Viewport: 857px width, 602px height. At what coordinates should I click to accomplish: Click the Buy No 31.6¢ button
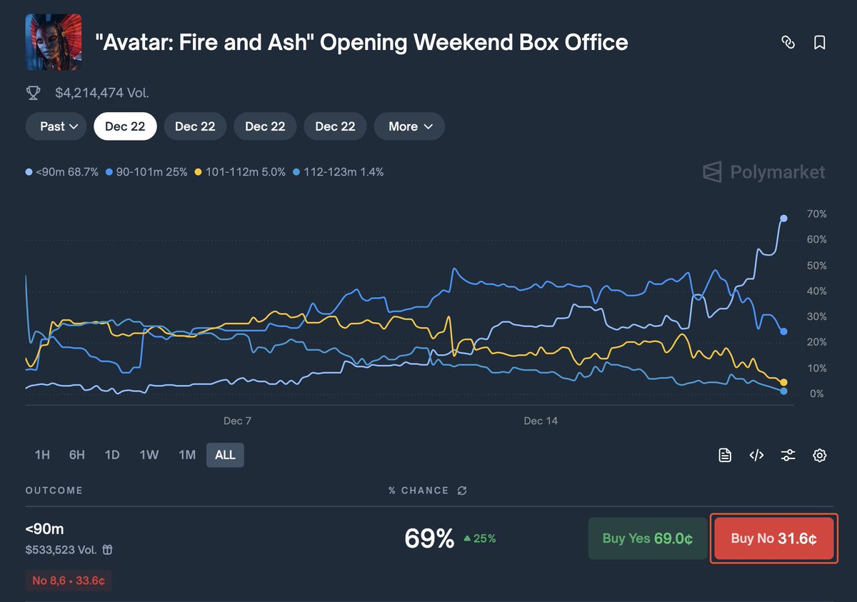pyautogui.click(x=774, y=538)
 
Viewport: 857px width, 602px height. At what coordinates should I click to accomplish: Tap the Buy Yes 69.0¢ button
pyautogui.click(x=647, y=538)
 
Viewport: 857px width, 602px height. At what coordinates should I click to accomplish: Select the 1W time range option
pyautogui.click(x=149, y=455)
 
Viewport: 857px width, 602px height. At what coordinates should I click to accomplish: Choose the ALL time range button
pyautogui.click(x=225, y=455)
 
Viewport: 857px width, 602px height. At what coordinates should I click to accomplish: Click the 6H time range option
pyautogui.click(x=77, y=455)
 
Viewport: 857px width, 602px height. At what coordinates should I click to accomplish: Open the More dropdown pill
pyautogui.click(x=409, y=126)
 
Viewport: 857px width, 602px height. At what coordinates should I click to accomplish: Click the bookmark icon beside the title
pyautogui.click(x=820, y=43)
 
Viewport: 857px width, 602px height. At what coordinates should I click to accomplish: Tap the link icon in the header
pyautogui.click(x=788, y=43)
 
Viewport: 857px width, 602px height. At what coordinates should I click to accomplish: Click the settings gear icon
pyautogui.click(x=820, y=455)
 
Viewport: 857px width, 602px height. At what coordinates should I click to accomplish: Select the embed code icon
pyautogui.click(x=756, y=455)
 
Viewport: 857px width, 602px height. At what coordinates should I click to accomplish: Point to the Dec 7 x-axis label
pyautogui.click(x=237, y=421)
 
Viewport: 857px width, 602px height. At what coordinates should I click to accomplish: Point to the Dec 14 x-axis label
pyautogui.click(x=541, y=421)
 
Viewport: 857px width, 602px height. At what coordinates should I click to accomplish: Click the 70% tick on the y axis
pyautogui.click(x=817, y=214)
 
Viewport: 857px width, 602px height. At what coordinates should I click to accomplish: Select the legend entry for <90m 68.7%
pyautogui.click(x=62, y=172)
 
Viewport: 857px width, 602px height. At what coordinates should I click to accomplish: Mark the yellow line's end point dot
pyautogui.click(x=783, y=383)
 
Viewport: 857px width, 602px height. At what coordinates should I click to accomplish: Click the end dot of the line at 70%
pyautogui.click(x=783, y=219)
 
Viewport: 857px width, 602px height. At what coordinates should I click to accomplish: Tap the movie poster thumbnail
pyautogui.click(x=54, y=42)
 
